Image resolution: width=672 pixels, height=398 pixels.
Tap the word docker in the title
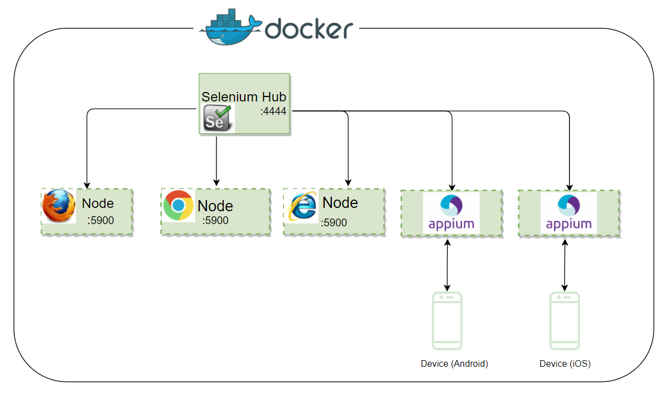(309, 28)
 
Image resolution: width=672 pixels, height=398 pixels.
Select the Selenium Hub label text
(244, 97)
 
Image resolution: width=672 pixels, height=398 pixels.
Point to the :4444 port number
(273, 111)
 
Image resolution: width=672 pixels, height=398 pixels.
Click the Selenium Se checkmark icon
(217, 118)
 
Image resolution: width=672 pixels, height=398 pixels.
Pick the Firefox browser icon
(59, 206)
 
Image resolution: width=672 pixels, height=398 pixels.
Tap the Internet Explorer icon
(302, 206)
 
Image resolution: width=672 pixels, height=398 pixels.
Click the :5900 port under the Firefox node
(100, 220)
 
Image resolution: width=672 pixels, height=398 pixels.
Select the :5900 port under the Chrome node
(215, 220)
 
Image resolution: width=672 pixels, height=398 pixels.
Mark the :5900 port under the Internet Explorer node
(334, 222)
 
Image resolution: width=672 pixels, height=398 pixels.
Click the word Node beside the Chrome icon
(215, 206)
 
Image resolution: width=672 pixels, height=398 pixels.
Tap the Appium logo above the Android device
(451, 212)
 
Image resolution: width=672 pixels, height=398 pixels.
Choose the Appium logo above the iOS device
(568, 212)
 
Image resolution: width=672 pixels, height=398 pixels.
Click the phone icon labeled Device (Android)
(447, 321)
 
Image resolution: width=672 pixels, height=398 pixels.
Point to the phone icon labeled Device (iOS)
(565, 321)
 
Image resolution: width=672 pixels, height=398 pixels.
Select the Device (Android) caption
(454, 363)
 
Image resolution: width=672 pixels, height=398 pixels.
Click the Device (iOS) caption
(565, 363)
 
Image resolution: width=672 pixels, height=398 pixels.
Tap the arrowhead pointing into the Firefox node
(86, 185)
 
